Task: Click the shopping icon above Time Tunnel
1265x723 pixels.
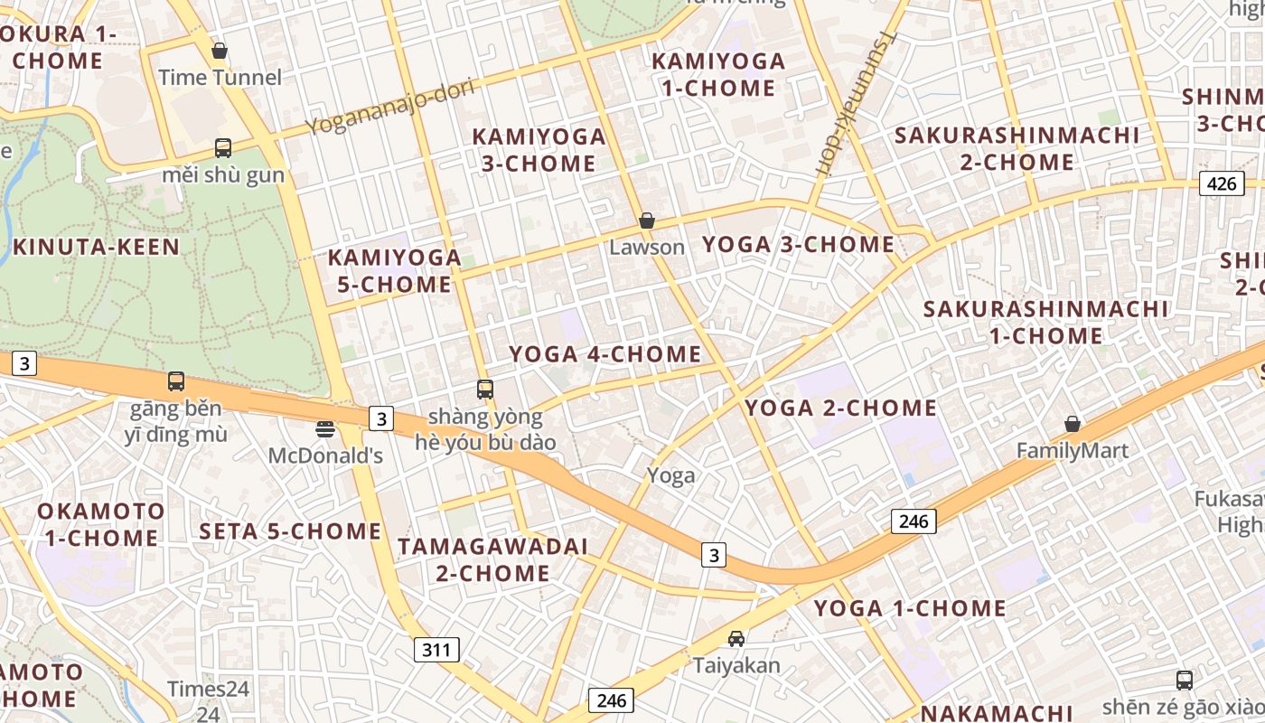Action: [x=220, y=51]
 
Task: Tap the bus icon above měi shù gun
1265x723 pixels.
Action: [x=222, y=148]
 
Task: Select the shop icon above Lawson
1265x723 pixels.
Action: [x=647, y=221]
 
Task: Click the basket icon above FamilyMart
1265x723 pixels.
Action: [x=1073, y=424]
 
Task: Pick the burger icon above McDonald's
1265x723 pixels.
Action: [x=325, y=428]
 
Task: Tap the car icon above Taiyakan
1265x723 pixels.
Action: [x=736, y=639]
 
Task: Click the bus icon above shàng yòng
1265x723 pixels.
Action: [x=485, y=390]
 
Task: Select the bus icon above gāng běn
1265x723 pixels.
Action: [x=176, y=381]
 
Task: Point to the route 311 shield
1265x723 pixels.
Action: [x=437, y=649]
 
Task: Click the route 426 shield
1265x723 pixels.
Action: [x=1221, y=183]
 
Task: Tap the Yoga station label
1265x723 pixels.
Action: [x=671, y=475]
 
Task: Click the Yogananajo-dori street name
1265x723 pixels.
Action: [x=389, y=107]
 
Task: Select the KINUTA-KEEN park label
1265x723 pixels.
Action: [x=96, y=247]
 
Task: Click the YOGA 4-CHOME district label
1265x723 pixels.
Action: [x=605, y=353]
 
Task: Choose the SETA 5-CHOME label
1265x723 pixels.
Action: [x=290, y=531]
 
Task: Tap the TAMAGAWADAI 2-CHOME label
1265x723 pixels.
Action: [x=492, y=559]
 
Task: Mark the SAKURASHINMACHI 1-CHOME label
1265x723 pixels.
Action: [x=1045, y=322]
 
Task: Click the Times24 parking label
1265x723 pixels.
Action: [x=208, y=690]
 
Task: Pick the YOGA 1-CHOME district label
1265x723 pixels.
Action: [x=910, y=608]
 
